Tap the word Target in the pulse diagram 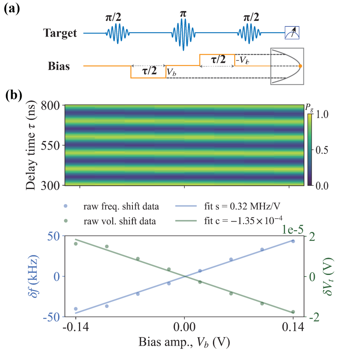pyautogui.click(x=60, y=33)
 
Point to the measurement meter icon pyautogui.click(x=292, y=33)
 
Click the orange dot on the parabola pyautogui.click(x=300, y=66)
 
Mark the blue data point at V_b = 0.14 pyautogui.click(x=293, y=241)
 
